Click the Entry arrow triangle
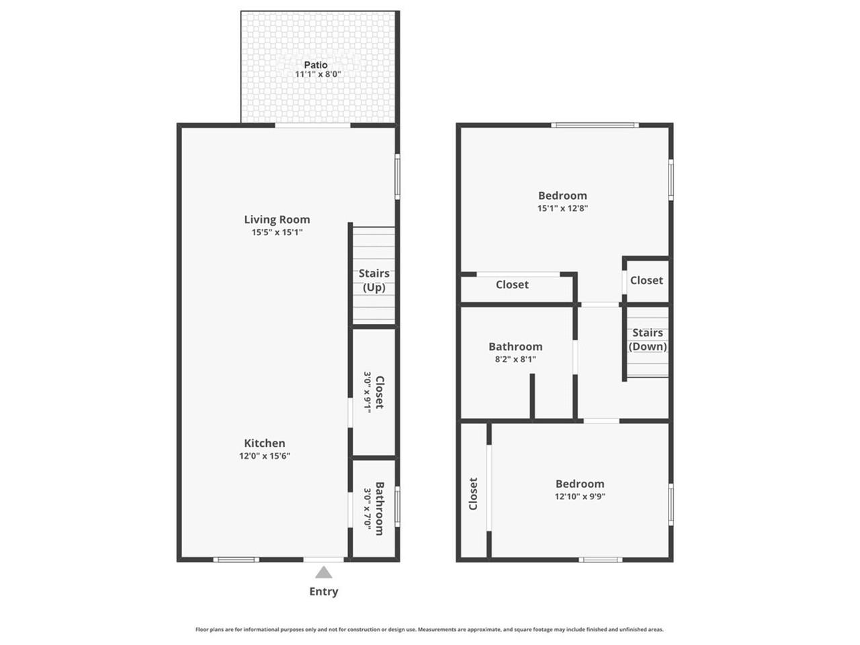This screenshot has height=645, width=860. point(324,572)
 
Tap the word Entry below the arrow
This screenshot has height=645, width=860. point(324,592)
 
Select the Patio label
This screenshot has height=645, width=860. point(316,65)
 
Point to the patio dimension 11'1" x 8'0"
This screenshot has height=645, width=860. point(318,75)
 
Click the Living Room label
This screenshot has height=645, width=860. point(277,220)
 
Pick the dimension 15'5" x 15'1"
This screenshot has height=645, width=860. point(277,232)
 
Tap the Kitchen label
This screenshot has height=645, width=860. point(265,443)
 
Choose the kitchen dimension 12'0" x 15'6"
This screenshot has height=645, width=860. point(265,456)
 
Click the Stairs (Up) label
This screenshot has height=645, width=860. point(374,280)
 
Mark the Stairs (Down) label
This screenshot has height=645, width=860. point(648,340)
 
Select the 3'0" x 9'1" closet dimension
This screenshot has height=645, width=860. point(368,392)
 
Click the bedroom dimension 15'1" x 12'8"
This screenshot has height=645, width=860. point(563,208)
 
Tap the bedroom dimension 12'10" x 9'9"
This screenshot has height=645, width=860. point(580,497)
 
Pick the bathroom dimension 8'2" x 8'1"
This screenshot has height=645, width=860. point(515,359)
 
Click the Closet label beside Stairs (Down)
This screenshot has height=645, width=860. point(646,281)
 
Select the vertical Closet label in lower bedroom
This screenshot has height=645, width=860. point(473,494)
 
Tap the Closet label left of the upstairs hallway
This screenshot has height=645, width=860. point(512,285)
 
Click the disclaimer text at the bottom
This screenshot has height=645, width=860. point(429,630)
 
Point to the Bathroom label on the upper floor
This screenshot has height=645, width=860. point(515,347)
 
